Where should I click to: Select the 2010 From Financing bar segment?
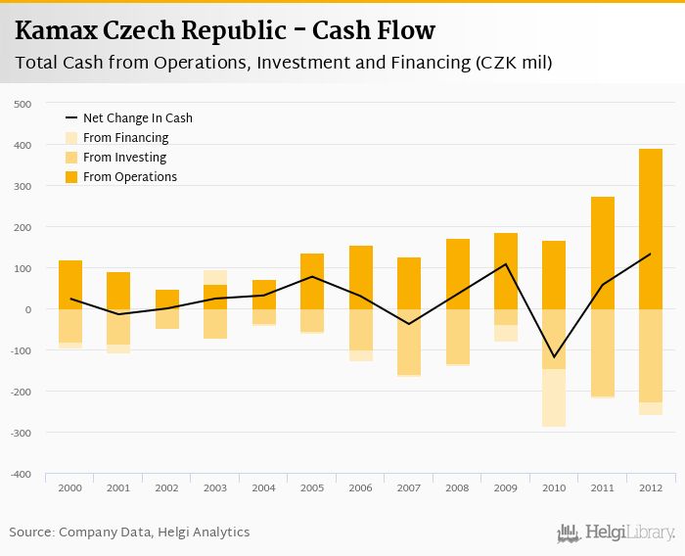[554, 397]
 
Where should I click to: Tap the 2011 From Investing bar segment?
[602, 352]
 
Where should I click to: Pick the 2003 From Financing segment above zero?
[214, 277]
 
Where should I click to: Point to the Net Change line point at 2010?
[554, 357]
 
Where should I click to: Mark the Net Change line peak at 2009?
[506, 264]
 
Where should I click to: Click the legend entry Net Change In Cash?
[137, 118]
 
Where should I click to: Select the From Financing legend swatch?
[71, 138]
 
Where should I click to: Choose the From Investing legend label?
[124, 158]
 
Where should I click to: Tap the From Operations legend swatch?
[71, 177]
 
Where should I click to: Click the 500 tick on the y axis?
[23, 104]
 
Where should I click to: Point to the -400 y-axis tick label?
[22, 474]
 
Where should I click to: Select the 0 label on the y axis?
[28, 309]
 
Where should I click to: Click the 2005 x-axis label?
[312, 487]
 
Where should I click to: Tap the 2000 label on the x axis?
[69, 487]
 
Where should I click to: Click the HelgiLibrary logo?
[616, 533]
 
